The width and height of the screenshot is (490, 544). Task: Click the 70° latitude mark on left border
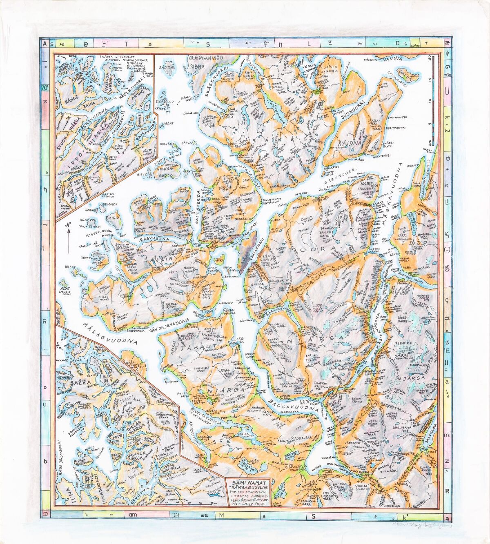[x=44, y=87]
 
